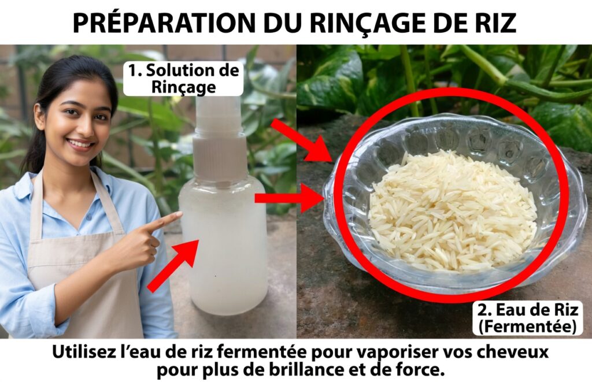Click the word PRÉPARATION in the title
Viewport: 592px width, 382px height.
164,23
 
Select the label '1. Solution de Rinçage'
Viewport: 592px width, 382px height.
183,79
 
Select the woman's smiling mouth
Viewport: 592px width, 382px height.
80,144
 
